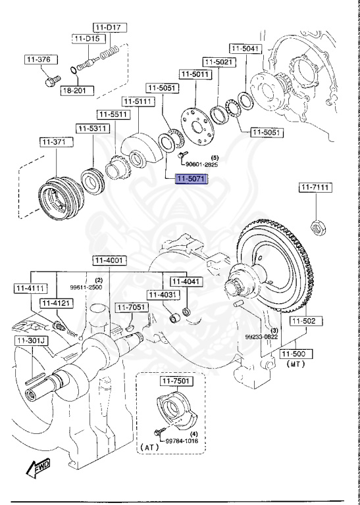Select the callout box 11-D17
click(x=110, y=28)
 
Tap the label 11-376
click(x=38, y=60)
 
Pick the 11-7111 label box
click(x=316, y=188)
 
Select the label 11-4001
click(x=108, y=260)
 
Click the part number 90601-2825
click(x=201, y=164)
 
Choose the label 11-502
click(x=305, y=321)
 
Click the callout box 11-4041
click(x=184, y=281)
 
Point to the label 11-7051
click(x=130, y=307)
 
